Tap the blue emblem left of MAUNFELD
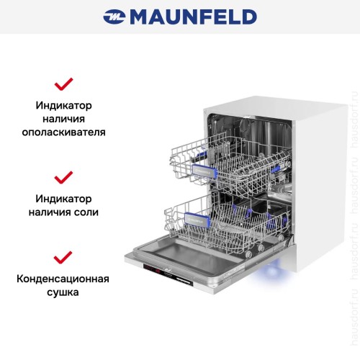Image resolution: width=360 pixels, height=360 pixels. tap(114, 16)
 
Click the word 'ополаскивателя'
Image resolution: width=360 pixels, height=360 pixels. tap(64, 132)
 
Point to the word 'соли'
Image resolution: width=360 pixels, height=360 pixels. tap(105, 212)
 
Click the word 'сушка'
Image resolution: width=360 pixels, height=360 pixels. tap(64, 293)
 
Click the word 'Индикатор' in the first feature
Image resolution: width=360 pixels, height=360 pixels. tap(64, 105)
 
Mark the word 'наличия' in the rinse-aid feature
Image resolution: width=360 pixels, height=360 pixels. tap(64, 119)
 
